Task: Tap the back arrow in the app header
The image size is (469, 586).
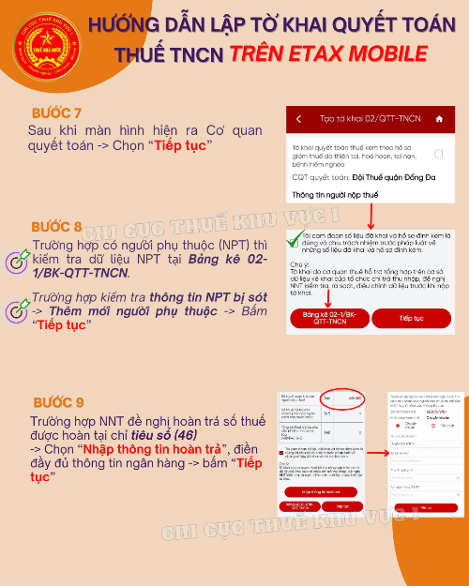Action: (x=298, y=119)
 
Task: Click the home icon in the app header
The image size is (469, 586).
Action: (x=441, y=119)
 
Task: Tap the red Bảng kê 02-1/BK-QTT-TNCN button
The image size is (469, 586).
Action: (x=323, y=318)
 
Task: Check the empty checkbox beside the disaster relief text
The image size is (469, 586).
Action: (x=439, y=153)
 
